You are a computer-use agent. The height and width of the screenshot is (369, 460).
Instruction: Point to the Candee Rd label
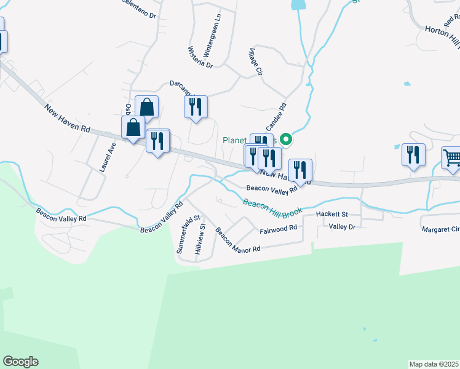(x=276, y=114)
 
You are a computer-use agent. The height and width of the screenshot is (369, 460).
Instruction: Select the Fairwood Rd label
(x=278, y=228)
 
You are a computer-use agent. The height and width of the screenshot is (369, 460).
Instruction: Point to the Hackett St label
(x=332, y=214)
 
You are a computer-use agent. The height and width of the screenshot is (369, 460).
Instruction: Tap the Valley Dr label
(x=343, y=226)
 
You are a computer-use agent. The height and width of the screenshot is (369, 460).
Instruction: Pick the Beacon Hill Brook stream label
(x=272, y=207)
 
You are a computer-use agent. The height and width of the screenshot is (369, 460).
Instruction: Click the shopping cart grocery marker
(x=452, y=158)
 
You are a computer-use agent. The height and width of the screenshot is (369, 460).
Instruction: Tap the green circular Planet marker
(x=285, y=140)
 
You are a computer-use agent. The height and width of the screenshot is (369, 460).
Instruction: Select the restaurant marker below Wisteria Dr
(x=196, y=107)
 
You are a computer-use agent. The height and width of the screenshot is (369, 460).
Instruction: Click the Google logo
(x=20, y=362)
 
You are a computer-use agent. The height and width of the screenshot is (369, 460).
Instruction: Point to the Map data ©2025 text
(x=434, y=364)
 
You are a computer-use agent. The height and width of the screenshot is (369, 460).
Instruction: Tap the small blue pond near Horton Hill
(x=406, y=84)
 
